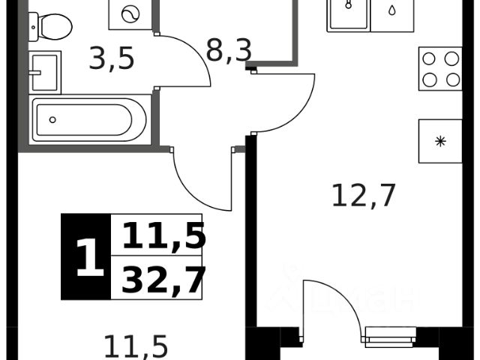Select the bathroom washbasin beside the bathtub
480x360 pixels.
(x=44, y=70)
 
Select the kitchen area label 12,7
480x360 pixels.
(x=363, y=196)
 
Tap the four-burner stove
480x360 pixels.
(x=440, y=70)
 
